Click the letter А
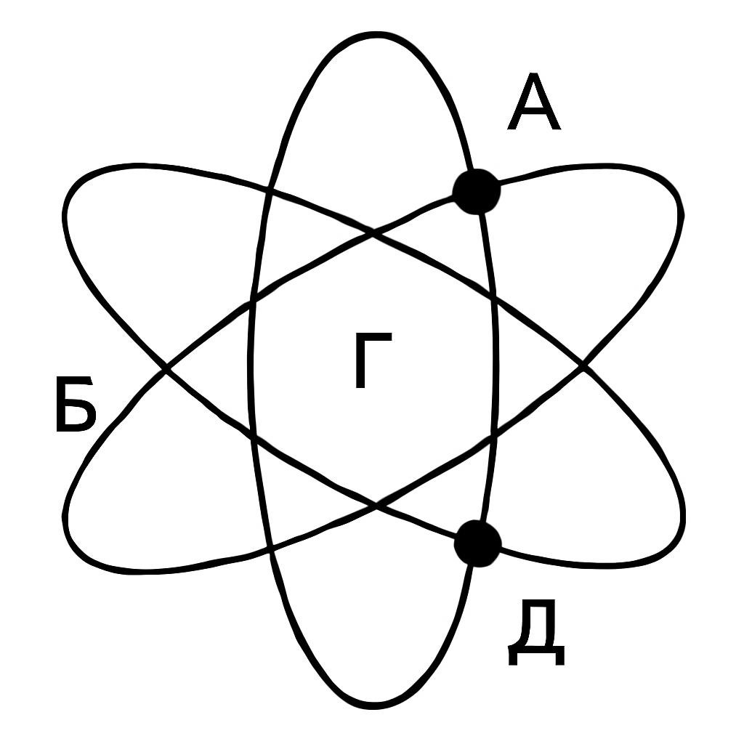[534, 101]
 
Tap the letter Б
[76, 404]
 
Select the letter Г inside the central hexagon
[373, 360]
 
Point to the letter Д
[536, 631]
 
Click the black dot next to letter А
[477, 191]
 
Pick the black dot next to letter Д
[477, 543]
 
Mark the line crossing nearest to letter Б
[165, 368]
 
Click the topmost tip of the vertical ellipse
[376, 35]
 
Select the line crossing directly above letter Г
[373, 232]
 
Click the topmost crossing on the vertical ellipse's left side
[270, 192]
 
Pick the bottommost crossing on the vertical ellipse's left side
[271, 551]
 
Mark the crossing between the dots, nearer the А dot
[493, 299]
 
